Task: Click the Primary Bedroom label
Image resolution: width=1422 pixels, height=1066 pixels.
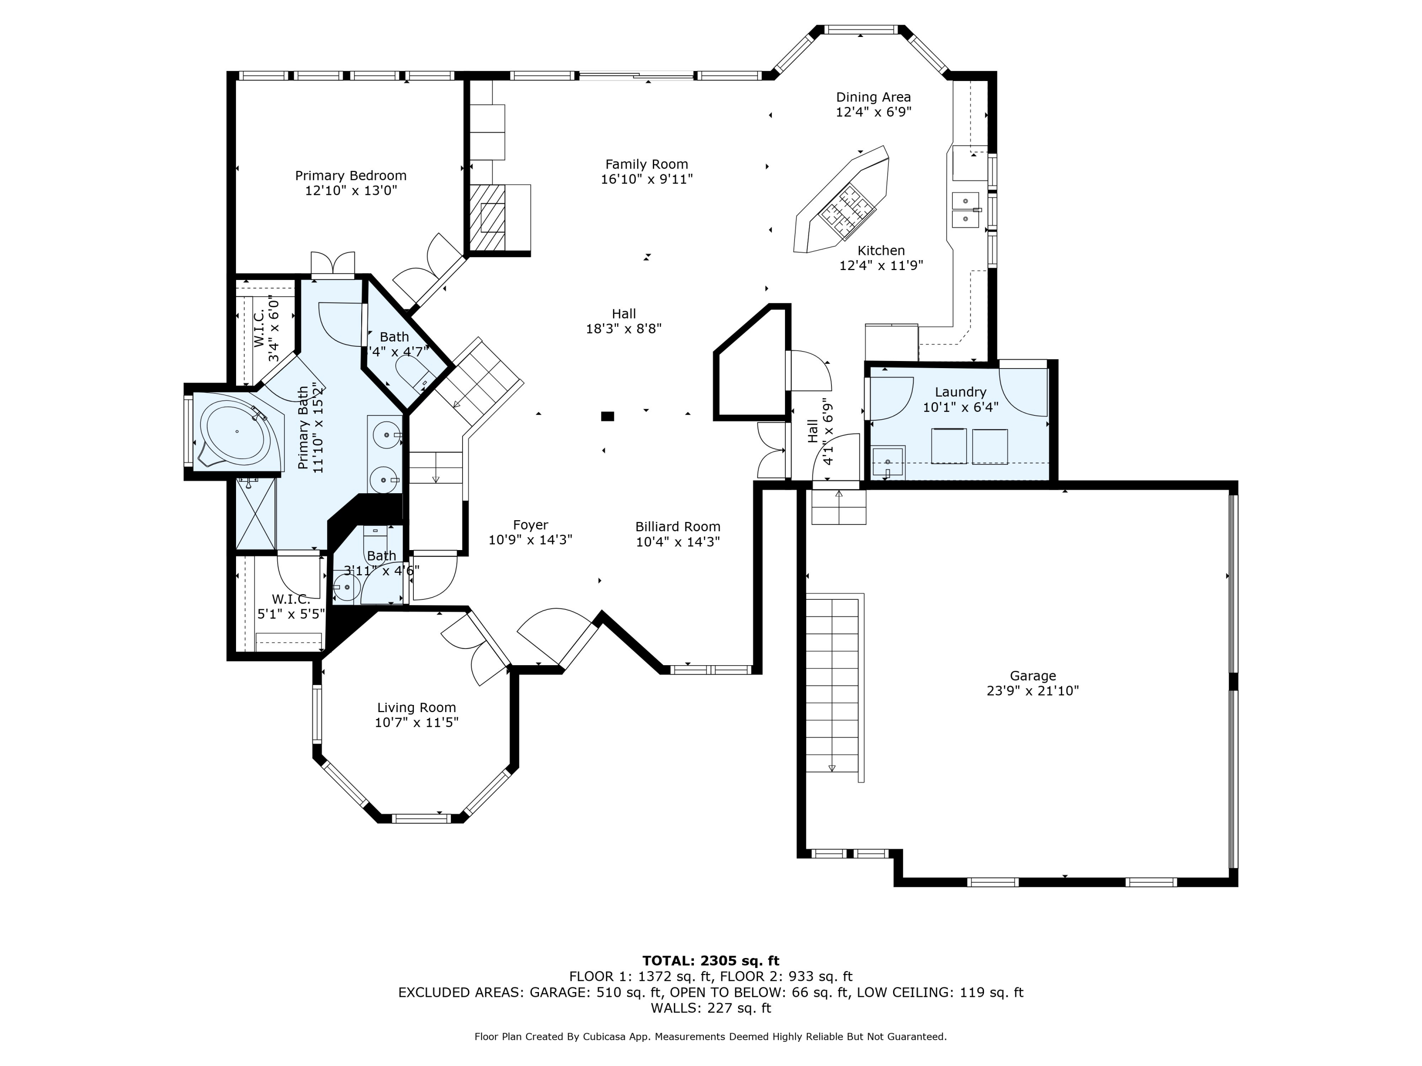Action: tap(350, 175)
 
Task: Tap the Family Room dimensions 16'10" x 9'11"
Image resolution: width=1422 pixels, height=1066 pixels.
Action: tap(647, 179)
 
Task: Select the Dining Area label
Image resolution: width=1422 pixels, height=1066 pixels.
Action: tap(873, 97)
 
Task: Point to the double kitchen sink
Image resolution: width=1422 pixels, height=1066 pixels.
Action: tap(966, 210)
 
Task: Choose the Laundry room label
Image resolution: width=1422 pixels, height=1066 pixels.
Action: tap(960, 392)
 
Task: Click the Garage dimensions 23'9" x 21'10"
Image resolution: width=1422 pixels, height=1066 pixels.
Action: tap(1032, 691)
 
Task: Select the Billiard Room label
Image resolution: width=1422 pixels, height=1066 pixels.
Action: tap(677, 527)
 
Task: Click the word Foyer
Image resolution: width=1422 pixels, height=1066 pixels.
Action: tap(530, 525)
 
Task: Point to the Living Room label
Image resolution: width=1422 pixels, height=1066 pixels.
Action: tap(417, 707)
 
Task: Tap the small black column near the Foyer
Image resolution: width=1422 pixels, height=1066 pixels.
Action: tap(608, 416)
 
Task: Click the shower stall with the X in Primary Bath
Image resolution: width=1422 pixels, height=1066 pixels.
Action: tap(256, 514)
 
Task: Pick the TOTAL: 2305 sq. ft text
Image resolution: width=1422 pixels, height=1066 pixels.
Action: tap(711, 961)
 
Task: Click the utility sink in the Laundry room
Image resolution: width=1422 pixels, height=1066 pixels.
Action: tap(888, 462)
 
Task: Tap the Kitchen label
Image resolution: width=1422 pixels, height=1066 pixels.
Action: tap(881, 251)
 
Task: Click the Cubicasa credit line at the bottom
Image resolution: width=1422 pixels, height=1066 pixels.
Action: tap(711, 1037)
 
